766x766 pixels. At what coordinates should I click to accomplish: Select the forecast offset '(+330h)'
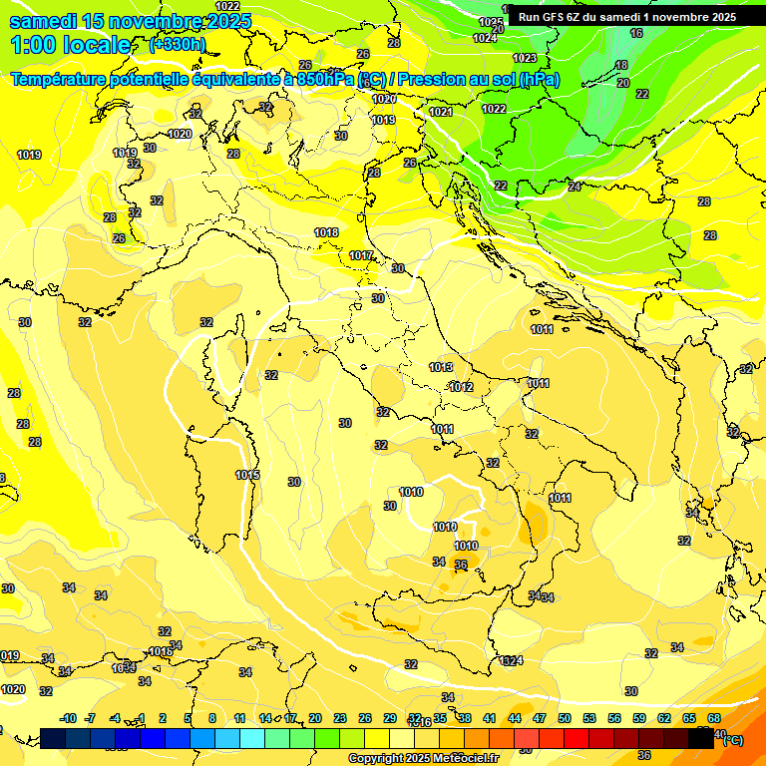[x=178, y=44]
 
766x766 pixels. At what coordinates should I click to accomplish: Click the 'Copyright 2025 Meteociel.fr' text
[x=424, y=758]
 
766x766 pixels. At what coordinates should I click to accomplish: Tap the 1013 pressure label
[x=442, y=368]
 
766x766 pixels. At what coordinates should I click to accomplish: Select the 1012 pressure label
[x=461, y=387]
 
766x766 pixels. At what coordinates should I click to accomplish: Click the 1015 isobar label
[x=248, y=475]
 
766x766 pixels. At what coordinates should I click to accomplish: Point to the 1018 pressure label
[x=326, y=232]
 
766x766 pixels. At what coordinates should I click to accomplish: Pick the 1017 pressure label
[x=361, y=256]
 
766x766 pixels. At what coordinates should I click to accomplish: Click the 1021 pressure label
[x=441, y=112]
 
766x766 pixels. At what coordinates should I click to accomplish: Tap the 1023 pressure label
[x=525, y=58]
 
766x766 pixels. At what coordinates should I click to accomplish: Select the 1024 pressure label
[x=485, y=38]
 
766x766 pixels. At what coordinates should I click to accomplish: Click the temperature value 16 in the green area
[x=636, y=33]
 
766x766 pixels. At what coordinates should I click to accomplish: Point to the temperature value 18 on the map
[x=621, y=65]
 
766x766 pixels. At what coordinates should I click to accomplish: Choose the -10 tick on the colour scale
[x=69, y=718]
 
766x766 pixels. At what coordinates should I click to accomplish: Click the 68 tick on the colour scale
[x=714, y=718]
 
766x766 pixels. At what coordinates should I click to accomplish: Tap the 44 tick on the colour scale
[x=514, y=718]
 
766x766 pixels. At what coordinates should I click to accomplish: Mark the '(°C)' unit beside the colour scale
[x=731, y=739]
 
